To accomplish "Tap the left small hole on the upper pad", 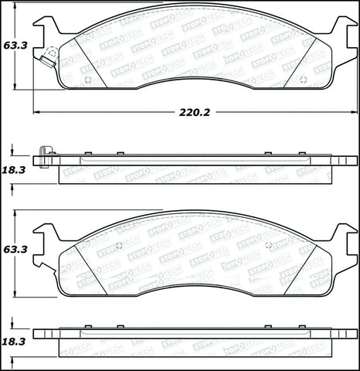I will (87, 80).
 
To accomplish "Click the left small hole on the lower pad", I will (118, 246).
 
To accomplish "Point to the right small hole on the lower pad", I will (268, 246).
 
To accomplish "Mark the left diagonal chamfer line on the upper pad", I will (90, 62).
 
